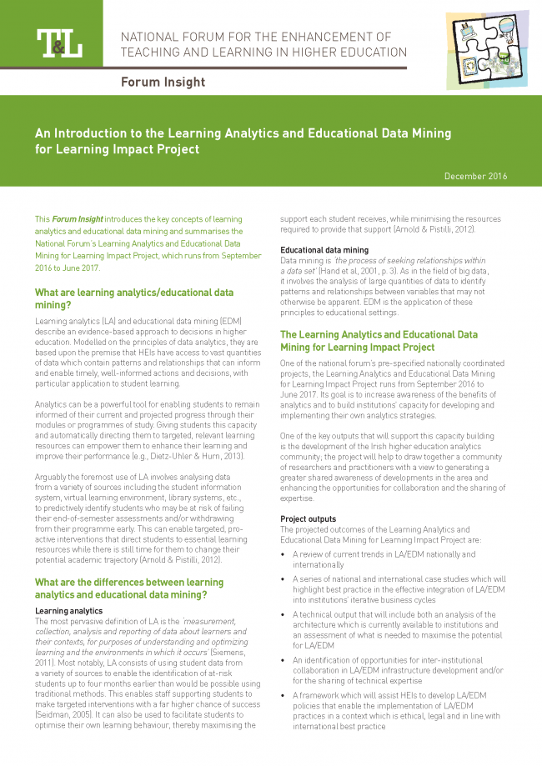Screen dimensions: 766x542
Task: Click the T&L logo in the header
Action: pyautogui.click(x=58, y=43)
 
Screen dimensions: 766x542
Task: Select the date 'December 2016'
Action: pyautogui.click(x=475, y=176)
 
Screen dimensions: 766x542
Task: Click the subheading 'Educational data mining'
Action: pyautogui.click(x=324, y=250)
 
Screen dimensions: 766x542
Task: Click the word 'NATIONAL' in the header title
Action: pyautogui.click(x=153, y=37)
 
